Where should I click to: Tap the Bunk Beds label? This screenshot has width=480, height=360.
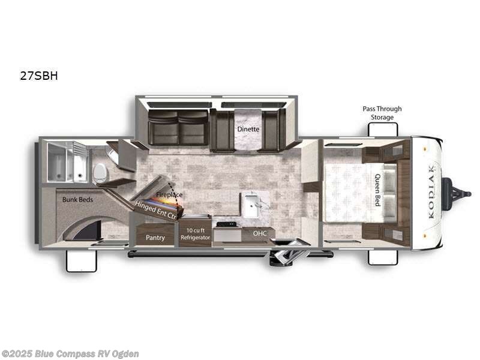77,199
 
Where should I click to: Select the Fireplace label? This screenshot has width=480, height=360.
169,195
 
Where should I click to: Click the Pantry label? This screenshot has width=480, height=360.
155,238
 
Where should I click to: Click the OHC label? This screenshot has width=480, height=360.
259,233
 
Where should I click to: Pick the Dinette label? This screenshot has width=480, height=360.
247,128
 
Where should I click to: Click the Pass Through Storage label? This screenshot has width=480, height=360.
382,113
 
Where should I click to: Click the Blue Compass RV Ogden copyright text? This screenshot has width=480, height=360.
70,354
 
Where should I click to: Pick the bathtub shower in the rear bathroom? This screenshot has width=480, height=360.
67,161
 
